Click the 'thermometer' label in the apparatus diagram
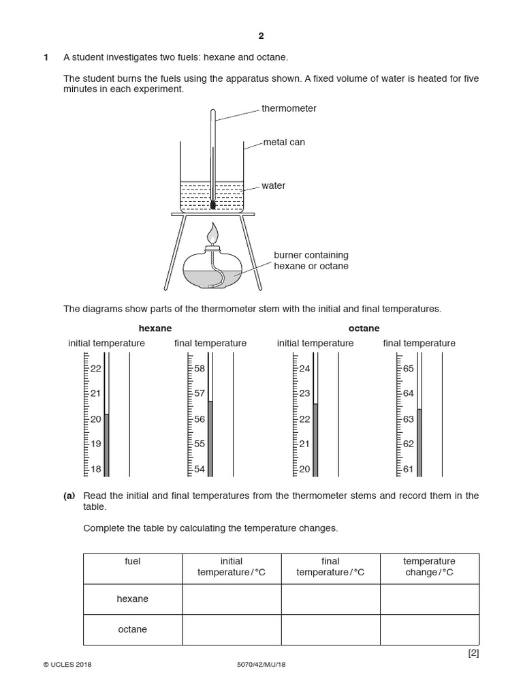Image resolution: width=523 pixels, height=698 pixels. click(x=289, y=108)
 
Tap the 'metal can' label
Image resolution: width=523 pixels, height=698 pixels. click(x=284, y=142)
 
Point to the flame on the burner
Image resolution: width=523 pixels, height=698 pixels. click(x=214, y=232)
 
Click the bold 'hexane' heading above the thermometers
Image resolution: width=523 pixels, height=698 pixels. click(x=155, y=329)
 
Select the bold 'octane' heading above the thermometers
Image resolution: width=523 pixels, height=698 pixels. click(x=364, y=329)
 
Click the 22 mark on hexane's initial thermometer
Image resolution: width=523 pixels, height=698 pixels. click(x=95, y=369)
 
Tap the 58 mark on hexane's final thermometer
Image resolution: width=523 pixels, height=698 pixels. click(x=200, y=368)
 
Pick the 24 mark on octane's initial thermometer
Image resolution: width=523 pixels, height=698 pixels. click(x=304, y=369)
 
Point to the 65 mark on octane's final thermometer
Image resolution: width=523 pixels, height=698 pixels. click(x=409, y=368)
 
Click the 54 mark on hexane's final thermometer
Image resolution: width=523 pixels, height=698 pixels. click(x=200, y=469)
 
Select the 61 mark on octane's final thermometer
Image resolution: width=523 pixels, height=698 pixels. click(x=409, y=469)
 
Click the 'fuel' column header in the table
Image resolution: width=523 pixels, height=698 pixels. click(x=132, y=562)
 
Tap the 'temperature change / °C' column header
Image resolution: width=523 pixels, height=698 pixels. click(x=429, y=567)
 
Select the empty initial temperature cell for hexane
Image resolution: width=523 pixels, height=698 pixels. click(x=232, y=599)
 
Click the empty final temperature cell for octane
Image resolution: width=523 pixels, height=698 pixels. click(x=330, y=630)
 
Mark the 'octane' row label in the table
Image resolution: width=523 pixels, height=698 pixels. click(x=132, y=630)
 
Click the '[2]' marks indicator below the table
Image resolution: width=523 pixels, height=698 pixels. click(x=474, y=653)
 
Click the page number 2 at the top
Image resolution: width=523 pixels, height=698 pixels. click(x=261, y=36)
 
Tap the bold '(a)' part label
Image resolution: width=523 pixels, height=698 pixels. click(x=69, y=496)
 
